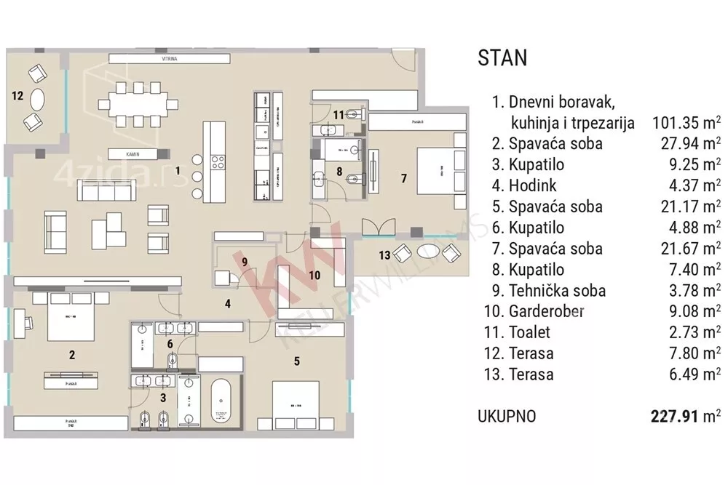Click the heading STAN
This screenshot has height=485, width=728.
click(502, 58)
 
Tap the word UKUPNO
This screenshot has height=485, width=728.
click(507, 417)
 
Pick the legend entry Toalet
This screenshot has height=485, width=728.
click(530, 333)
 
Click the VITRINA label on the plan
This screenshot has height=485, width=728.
click(171, 58)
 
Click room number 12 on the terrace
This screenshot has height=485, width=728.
click(18, 95)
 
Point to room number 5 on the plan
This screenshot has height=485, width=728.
click(296, 360)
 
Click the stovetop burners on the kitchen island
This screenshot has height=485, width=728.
click(217, 161)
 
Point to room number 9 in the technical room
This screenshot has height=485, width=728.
click(245, 261)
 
